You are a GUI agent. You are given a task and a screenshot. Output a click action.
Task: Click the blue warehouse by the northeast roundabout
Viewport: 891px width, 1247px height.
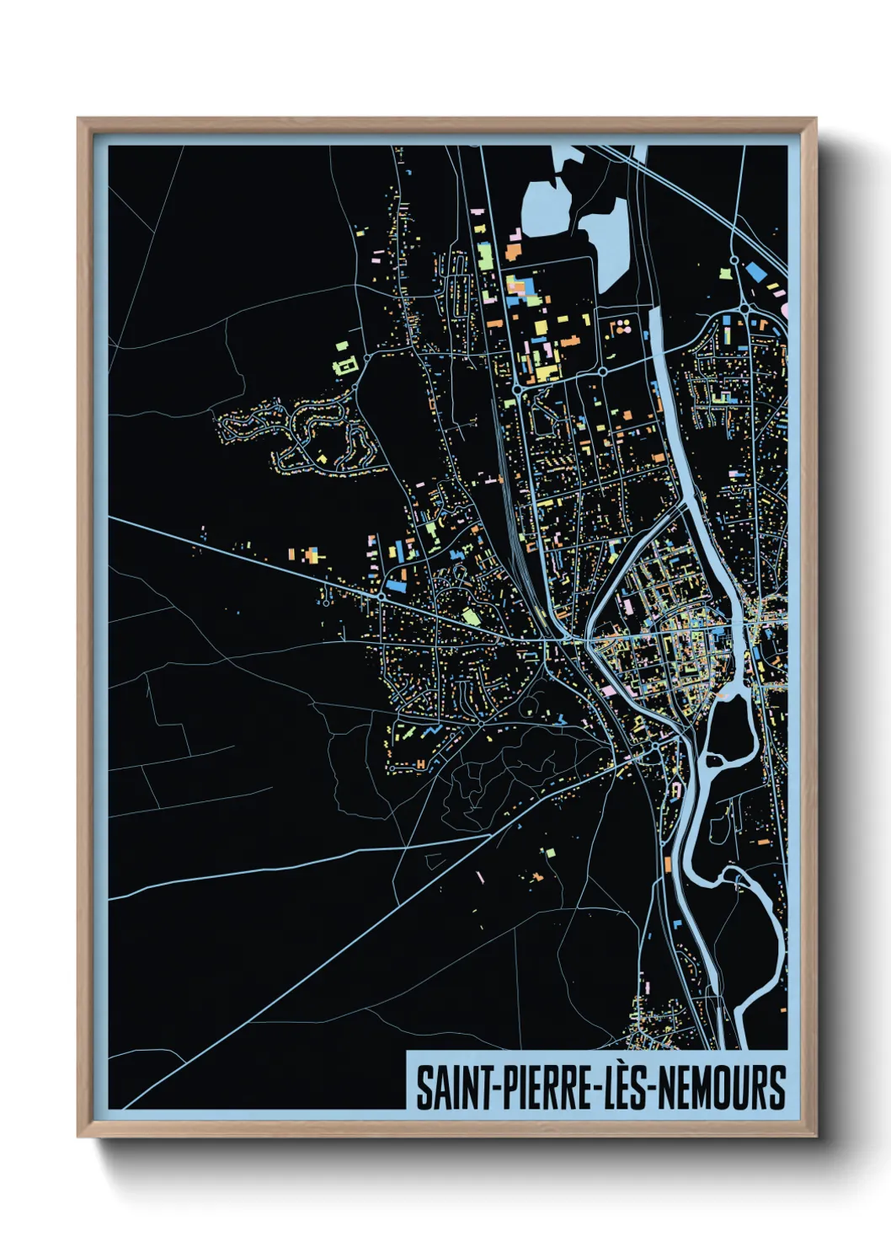pos(755,271)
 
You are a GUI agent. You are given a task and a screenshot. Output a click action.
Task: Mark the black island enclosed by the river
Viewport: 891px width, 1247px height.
pos(729,725)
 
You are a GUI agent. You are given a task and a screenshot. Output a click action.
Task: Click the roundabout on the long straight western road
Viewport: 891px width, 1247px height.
pos(381,596)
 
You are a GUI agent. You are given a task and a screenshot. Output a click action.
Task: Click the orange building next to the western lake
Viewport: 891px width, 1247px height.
pos(513,250)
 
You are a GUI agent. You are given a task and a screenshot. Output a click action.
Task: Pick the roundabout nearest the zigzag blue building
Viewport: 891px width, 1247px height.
pos(479,722)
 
